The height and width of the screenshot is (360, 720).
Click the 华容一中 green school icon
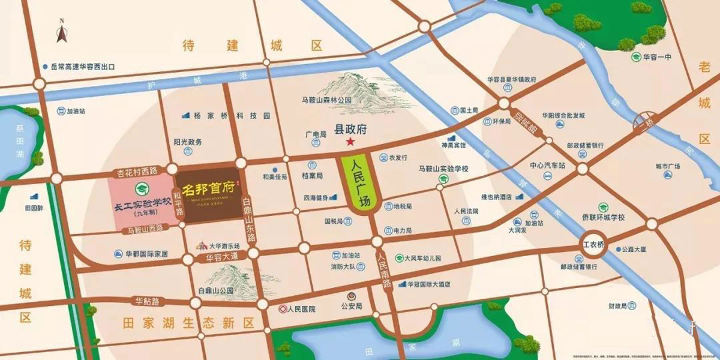pyautogui.click(x=635, y=57)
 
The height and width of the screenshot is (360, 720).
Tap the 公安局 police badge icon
pyautogui.click(x=352, y=296)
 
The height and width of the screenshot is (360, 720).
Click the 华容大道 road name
pyautogui.click(x=222, y=257)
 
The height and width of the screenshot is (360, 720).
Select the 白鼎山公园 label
pyautogui.click(x=214, y=290)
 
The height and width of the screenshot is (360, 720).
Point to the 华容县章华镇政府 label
pyautogui.click(x=511, y=79)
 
